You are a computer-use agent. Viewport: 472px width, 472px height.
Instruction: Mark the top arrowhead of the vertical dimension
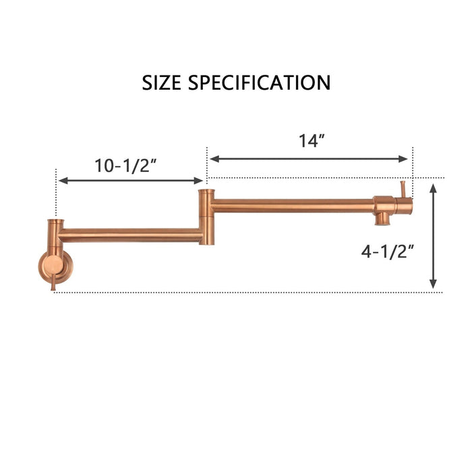tap(434, 187)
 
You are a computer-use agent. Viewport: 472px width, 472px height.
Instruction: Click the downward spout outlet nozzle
tap(381, 219)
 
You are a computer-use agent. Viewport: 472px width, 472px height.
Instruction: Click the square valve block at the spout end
tap(384, 204)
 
